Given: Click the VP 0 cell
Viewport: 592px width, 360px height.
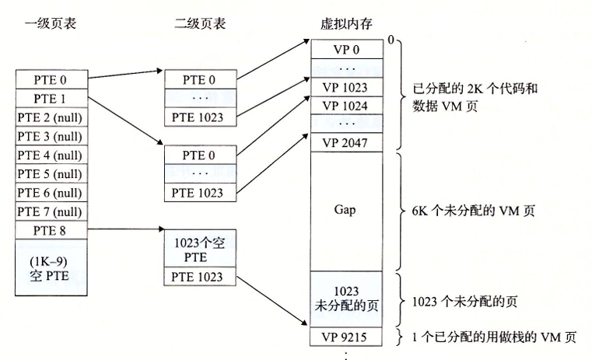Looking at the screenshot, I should click(347, 51).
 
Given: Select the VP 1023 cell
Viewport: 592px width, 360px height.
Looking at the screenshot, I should click(347, 88).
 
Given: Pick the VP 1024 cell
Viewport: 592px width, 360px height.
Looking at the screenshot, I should click(347, 106).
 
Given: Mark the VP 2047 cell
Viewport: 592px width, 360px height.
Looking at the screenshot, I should click(347, 143).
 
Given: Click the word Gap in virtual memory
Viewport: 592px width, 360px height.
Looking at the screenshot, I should click(347, 211).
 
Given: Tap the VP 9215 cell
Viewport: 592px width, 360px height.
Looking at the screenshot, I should click(347, 337).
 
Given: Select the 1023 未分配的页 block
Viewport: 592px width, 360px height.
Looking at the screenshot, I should click(347, 299).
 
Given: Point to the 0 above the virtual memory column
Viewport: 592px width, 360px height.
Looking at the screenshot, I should click(391, 38).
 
